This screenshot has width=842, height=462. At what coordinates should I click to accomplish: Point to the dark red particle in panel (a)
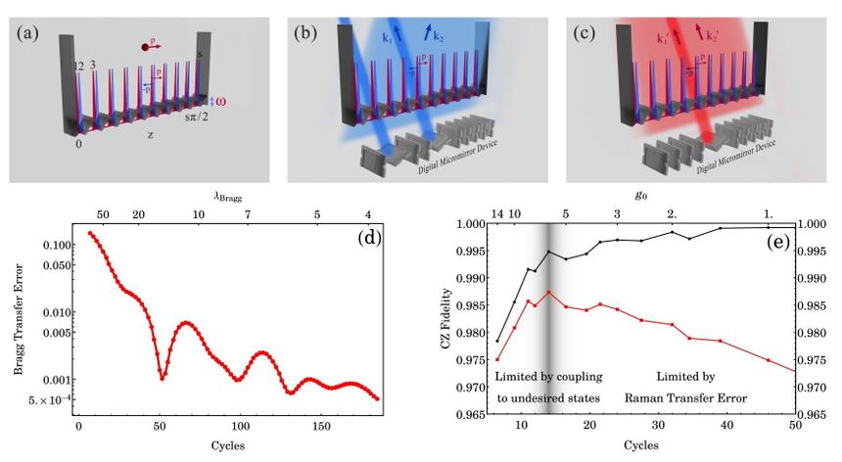click(145, 45)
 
